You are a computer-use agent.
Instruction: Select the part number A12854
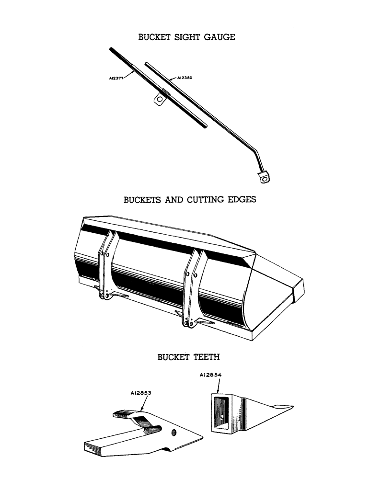211,376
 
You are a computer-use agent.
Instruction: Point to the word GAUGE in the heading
220,37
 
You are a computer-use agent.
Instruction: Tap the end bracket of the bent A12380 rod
262,178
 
